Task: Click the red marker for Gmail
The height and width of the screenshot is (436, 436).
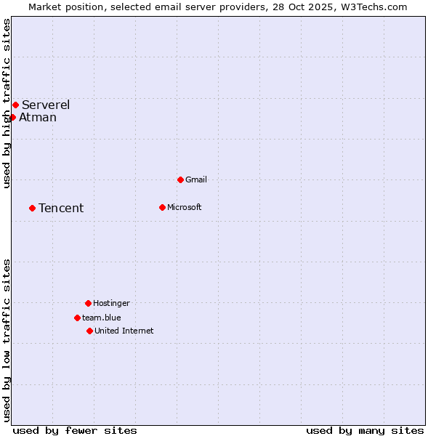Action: coord(180,179)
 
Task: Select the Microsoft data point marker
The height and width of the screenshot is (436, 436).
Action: coord(162,207)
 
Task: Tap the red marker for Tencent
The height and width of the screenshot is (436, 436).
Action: coord(32,208)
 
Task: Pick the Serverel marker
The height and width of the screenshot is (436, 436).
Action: coord(15,105)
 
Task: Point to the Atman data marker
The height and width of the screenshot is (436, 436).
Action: coord(12,117)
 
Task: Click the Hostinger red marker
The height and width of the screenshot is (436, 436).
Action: coord(88,303)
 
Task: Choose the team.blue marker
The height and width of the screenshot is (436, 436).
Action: coord(77,318)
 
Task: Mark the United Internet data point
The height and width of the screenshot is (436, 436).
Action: coord(89,331)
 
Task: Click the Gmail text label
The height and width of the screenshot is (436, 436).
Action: coord(196,179)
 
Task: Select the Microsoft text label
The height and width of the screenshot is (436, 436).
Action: coord(185,207)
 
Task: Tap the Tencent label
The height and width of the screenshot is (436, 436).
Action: coord(61,209)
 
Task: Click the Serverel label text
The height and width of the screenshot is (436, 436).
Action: coord(46,105)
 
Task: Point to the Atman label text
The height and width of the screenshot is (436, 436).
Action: coord(38,118)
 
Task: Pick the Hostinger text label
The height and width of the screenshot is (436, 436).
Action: coord(111,303)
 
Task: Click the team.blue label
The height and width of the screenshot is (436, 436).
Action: coord(102,318)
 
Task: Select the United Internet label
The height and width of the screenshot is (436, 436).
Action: coord(124,331)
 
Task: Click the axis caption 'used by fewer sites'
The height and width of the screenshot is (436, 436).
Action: coord(75,430)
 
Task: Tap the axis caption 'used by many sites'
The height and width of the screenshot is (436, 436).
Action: coord(365,430)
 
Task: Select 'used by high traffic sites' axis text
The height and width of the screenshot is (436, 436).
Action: coord(7,103)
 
